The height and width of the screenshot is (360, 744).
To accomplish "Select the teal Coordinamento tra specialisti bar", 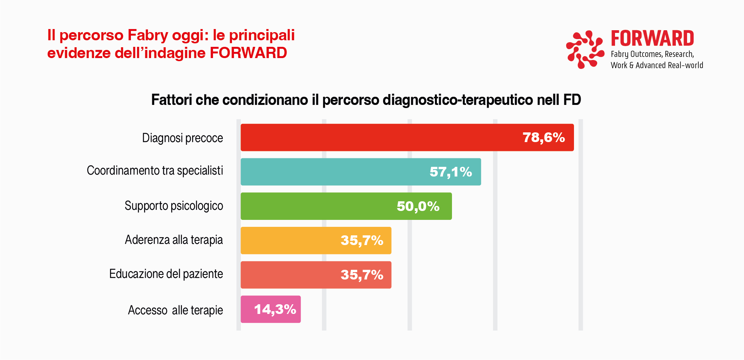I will coord(333,172).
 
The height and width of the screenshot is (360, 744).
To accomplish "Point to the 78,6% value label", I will coord(543,137).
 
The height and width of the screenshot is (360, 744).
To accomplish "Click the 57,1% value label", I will coord(451,172).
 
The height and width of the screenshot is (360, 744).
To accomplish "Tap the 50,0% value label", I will coord(418,206).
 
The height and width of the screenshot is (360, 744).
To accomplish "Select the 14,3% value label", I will coord(275,309).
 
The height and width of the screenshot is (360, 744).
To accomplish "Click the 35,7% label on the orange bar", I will coord(362,240).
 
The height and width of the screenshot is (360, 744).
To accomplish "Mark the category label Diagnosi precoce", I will coord(182,138).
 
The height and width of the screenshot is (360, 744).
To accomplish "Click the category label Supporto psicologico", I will coord(174,206).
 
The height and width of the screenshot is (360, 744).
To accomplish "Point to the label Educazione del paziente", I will coord(166,274).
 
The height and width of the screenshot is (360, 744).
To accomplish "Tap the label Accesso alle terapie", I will coord(175,310).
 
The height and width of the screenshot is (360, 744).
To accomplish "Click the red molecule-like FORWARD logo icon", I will coord(585,49).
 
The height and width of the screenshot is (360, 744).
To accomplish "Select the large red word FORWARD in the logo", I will coord(652,38).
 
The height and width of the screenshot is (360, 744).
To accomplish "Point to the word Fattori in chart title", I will coord(171,100).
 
